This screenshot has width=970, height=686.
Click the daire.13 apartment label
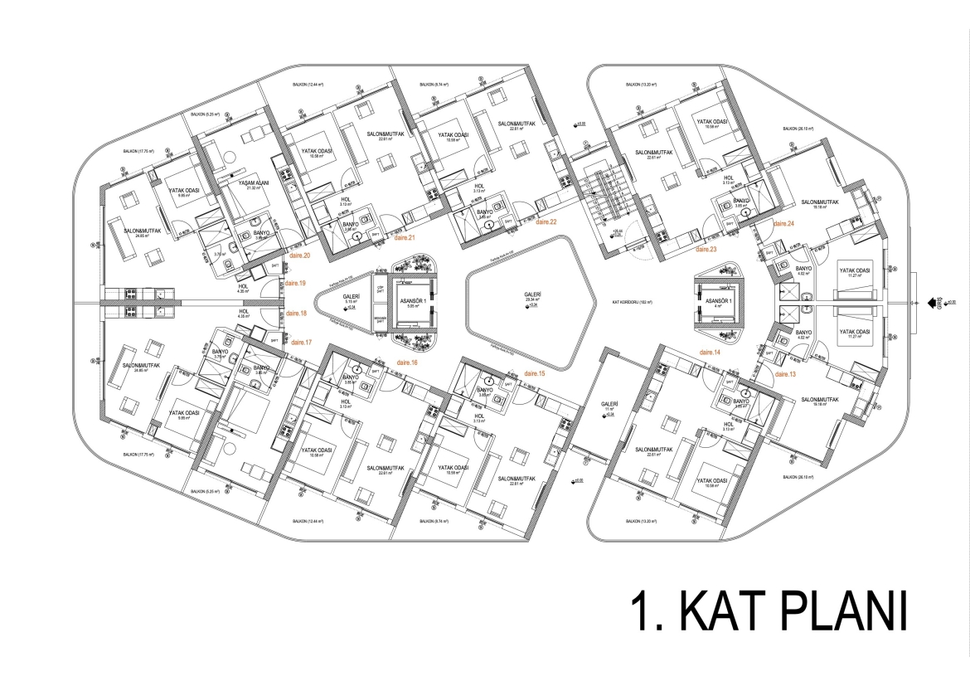tap(785, 375)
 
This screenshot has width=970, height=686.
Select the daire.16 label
tap(408, 362)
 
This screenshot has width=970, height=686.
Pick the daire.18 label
tap(296, 314)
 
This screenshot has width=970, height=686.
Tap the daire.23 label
tap(706, 248)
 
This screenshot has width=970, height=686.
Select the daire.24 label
tap(784, 224)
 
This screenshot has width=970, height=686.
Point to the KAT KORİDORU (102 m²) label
tap(632, 302)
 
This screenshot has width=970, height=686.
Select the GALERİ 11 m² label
tap(610, 406)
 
